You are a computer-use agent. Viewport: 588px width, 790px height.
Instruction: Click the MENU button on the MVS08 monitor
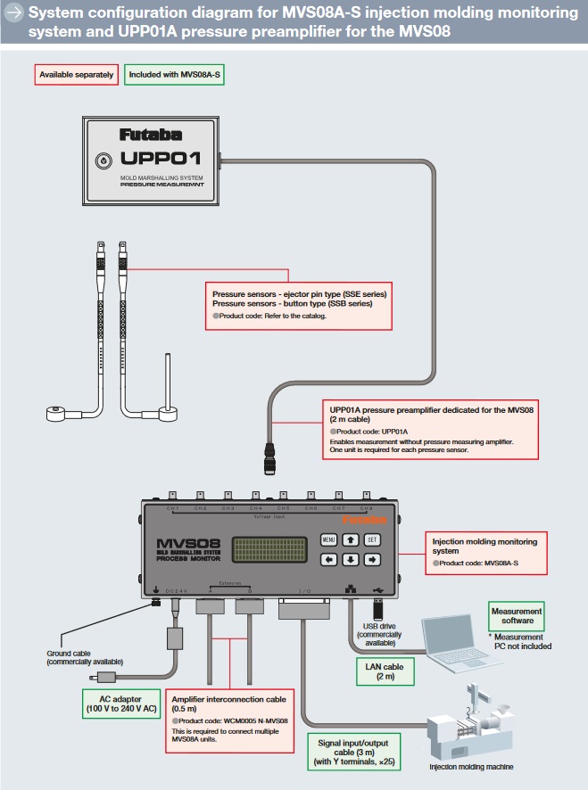[x=328, y=539]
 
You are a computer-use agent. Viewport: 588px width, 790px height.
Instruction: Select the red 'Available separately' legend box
[x=77, y=75]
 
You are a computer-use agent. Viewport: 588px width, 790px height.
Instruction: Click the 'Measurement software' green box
[x=517, y=616]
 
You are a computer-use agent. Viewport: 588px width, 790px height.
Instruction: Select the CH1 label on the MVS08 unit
[x=173, y=508]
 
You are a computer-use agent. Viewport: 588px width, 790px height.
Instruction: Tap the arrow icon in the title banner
[x=13, y=12]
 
